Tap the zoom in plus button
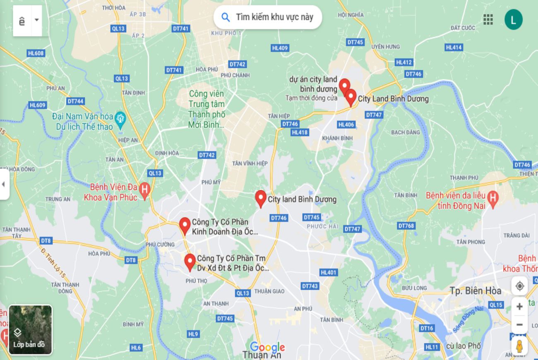[519, 307]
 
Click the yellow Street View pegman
[519, 346]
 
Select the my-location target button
[519, 286]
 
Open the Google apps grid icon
[488, 19]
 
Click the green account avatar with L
[513, 19]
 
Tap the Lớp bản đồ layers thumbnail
[30, 330]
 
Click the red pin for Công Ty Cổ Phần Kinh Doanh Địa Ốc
[185, 226]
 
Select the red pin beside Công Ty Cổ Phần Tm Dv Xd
[190, 262]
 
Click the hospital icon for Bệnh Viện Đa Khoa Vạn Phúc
[144, 190]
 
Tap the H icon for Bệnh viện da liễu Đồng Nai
[492, 197]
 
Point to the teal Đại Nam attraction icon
[120, 117]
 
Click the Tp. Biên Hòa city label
[476, 290]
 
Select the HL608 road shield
[36, 53]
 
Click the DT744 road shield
[75, 101]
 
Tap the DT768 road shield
[406, 226]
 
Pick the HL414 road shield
[454, 48]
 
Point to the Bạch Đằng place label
[405, 132]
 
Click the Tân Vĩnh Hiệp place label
[250, 163]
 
